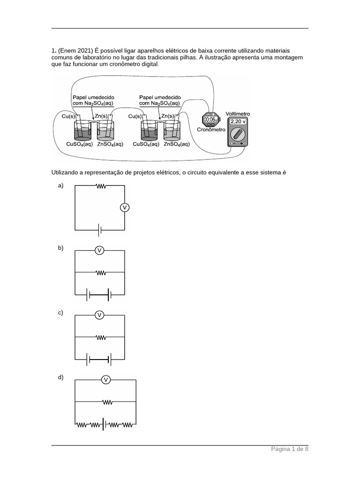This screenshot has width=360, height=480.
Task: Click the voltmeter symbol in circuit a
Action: pyautogui.click(x=124, y=207)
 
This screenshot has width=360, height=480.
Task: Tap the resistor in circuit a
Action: pyautogui.click(x=100, y=186)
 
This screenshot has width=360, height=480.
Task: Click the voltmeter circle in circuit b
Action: pyautogui.click(x=99, y=251)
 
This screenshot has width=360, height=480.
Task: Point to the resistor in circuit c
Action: pyautogui.click(x=100, y=337)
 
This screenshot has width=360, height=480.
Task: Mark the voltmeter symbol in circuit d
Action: pyautogui.click(x=106, y=380)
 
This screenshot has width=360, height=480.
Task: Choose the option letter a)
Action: pyautogui.click(x=60, y=186)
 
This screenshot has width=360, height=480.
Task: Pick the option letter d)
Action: pyautogui.click(x=60, y=377)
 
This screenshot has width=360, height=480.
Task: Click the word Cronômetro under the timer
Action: pyautogui.click(x=211, y=129)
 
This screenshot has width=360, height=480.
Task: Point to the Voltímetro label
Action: pyautogui.click(x=238, y=114)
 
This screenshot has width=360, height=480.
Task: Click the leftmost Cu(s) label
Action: pyautogui.click(x=69, y=115)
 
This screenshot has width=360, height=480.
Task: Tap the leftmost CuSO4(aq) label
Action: pyautogui.click(x=80, y=144)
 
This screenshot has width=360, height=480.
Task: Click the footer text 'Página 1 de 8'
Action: pyautogui.click(x=290, y=449)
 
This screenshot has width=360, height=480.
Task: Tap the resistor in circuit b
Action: pyautogui.click(x=100, y=272)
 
